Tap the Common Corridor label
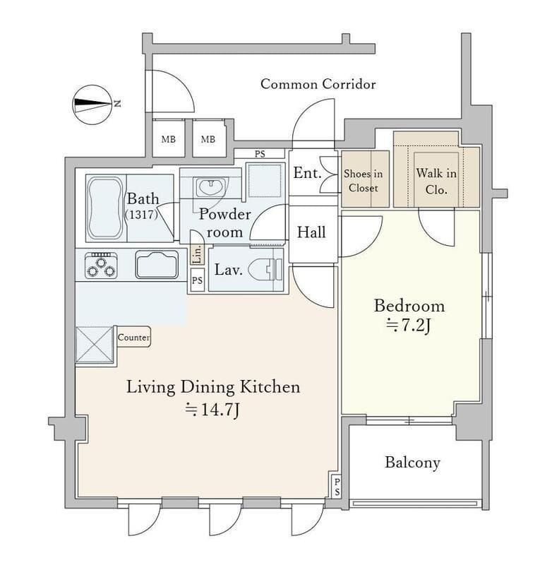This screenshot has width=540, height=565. click(x=318, y=84)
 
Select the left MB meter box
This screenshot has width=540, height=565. click(x=169, y=139)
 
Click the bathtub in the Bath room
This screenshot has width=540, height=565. click(x=104, y=208)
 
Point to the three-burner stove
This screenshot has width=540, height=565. click(x=101, y=266)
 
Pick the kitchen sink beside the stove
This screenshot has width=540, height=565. click(x=157, y=265)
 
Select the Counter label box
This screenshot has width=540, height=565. click(x=133, y=337)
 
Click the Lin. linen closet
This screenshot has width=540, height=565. click(x=198, y=254)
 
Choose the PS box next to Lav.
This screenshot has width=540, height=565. click(x=197, y=280)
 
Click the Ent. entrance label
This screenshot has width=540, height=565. click(x=307, y=173)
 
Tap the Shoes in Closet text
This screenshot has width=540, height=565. click(x=363, y=181)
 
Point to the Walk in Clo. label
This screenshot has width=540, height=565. click(x=436, y=181)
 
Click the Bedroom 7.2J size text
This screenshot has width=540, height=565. click(x=409, y=326)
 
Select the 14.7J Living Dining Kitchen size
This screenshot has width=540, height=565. click(x=212, y=410)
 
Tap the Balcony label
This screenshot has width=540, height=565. click(x=412, y=463)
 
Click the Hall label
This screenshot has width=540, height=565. click(x=311, y=232)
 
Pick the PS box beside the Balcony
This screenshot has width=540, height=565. click(x=337, y=486)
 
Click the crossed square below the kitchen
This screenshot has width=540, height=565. click(x=95, y=344)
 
